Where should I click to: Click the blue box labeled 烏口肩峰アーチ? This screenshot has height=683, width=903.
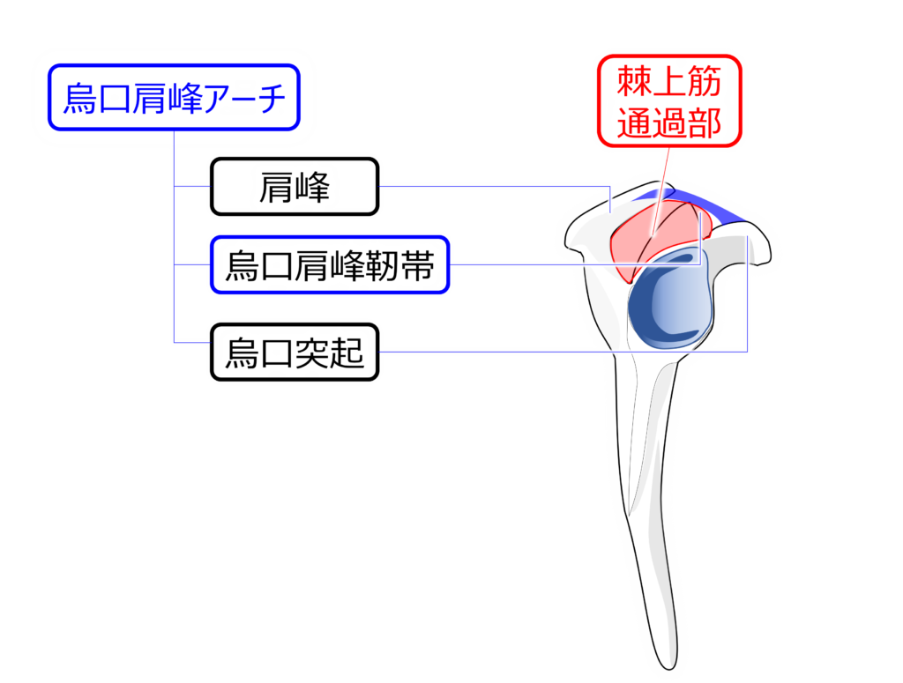(x=174, y=98)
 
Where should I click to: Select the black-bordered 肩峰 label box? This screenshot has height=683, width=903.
(x=295, y=187)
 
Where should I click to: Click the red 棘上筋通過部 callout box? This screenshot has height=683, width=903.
(x=668, y=103)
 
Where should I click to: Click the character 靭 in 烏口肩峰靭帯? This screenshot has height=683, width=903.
(x=383, y=264)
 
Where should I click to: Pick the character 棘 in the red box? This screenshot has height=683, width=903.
(x=634, y=84)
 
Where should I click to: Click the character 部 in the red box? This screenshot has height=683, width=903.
(x=704, y=123)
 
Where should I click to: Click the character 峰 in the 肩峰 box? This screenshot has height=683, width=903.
(x=312, y=187)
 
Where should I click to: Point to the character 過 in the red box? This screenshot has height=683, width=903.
(x=668, y=123)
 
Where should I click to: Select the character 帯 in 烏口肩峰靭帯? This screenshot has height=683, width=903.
(x=418, y=264)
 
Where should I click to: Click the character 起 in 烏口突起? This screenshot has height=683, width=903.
(x=347, y=353)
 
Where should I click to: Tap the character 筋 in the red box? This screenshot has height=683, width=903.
(x=704, y=84)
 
